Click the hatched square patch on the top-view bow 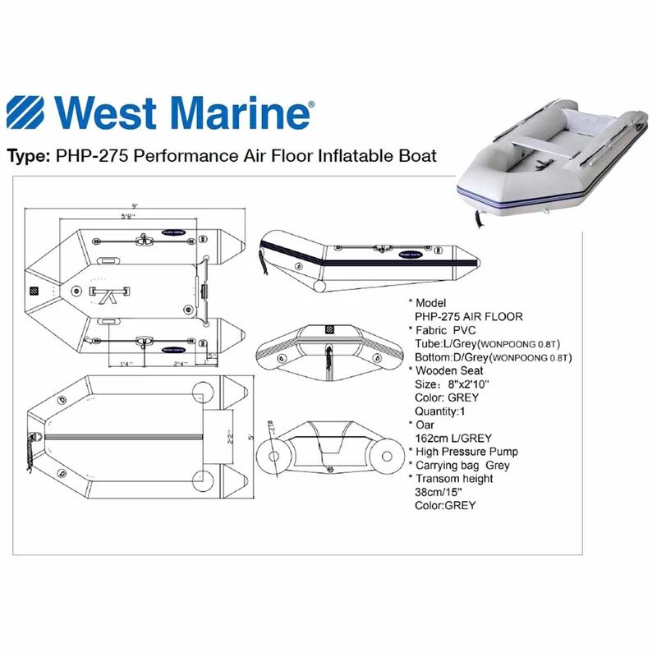point(35,292)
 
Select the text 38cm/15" point(443,491)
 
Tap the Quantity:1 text point(444,411)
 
